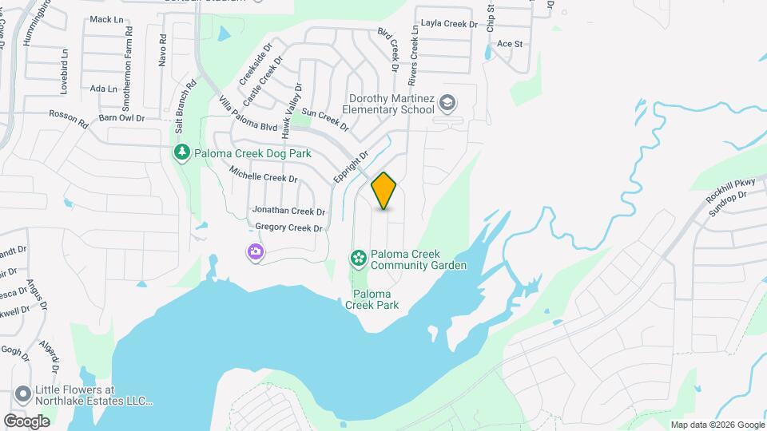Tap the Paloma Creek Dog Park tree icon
pos(182,152)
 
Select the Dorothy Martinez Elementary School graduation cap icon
pos(449,103)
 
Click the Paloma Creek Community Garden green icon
pos(359,257)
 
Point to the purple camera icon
pos(256,253)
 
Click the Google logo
pos(27,421)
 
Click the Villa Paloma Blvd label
pos(248,114)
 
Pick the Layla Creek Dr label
pos(448,24)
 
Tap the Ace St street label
pos(509,44)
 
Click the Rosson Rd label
pos(68,119)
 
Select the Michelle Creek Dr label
pos(263,174)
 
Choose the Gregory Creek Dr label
pos(288,227)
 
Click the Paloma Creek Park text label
pos(376,299)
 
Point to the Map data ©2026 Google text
pos(716,425)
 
